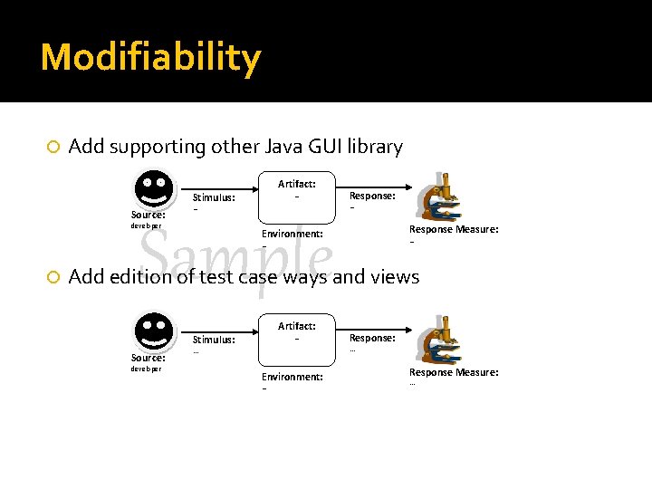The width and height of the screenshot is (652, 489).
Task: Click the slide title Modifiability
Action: [150, 58]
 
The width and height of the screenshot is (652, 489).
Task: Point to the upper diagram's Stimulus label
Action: [214, 197]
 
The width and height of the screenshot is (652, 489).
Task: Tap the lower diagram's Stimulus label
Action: [214, 340]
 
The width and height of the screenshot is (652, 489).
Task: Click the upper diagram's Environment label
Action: [292, 234]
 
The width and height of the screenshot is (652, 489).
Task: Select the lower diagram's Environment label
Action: [292, 377]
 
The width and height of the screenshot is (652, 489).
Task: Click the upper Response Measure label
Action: [454, 229]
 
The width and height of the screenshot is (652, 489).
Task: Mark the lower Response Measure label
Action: [454, 372]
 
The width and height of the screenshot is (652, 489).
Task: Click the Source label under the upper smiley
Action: [148, 215]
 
